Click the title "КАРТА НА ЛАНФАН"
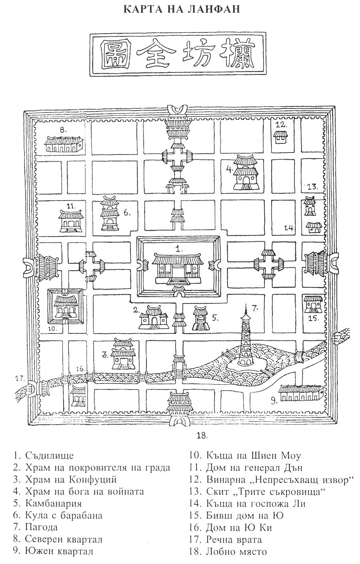[180, 8]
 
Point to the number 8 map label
[63, 130]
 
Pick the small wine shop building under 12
[281, 138]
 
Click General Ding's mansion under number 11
[71, 221]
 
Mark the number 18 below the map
[202, 436]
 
